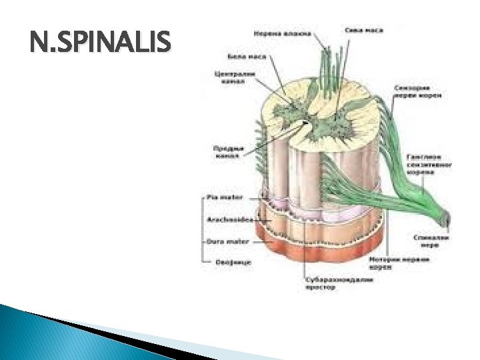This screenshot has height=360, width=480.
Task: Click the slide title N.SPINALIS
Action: point(101,45)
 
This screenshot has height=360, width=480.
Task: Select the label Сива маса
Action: point(363,30)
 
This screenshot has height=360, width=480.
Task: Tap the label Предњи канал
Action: point(226,151)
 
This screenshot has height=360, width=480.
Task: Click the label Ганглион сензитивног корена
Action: point(421,163)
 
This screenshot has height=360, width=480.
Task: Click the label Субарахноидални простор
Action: point(329,284)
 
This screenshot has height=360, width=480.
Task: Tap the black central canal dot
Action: point(306,123)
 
